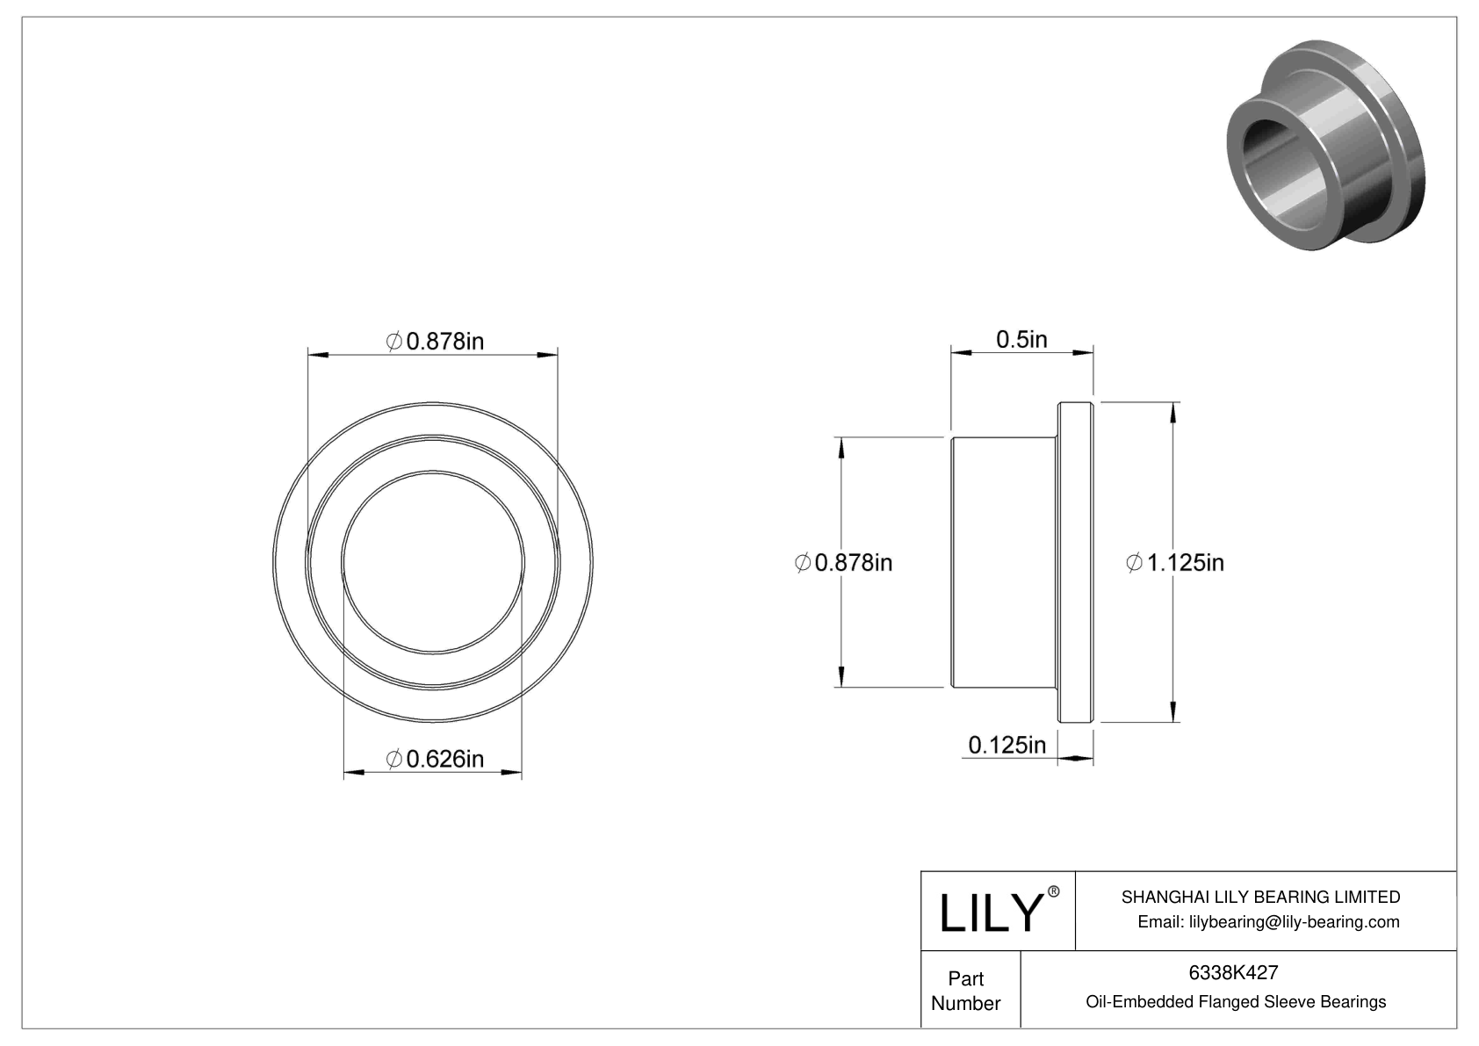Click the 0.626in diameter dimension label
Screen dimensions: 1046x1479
tap(436, 758)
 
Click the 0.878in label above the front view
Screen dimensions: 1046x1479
tap(436, 341)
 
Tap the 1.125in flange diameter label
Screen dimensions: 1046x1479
tap(1175, 562)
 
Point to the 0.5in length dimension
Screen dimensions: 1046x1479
tap(1021, 339)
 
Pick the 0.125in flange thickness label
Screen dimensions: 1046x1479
tap(1007, 745)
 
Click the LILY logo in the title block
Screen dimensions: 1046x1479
tap(990, 913)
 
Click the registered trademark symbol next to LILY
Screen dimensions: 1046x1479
tap(1054, 892)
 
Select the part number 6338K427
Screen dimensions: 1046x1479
tap(1233, 972)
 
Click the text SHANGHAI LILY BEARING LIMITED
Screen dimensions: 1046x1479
tap(1260, 897)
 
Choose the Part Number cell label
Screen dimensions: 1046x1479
tap(966, 991)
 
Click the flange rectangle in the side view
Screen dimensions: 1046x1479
tap(1075, 562)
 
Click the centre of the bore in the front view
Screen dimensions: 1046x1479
tap(433, 562)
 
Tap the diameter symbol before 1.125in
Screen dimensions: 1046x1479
tap(1134, 562)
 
